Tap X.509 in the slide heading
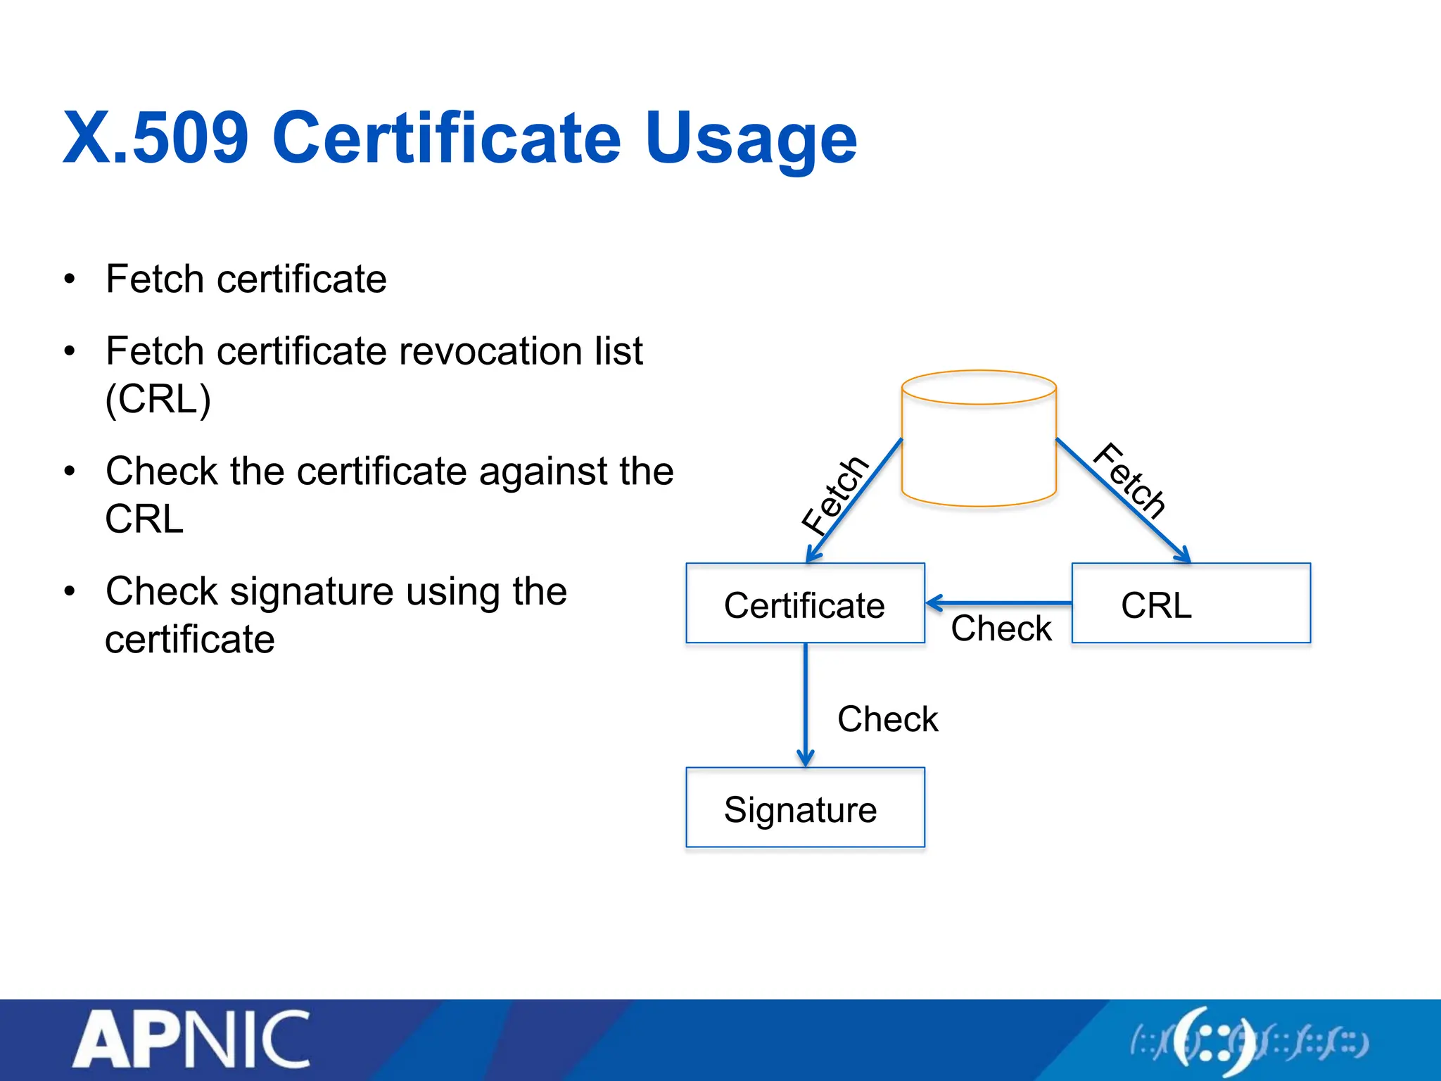[x=156, y=139]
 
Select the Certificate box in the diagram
[x=805, y=604]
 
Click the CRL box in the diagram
[x=1191, y=604]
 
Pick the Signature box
[x=805, y=808]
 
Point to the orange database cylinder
[x=979, y=438]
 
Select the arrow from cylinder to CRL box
[x=1123, y=500]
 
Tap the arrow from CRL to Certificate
[x=999, y=603]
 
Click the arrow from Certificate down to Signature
[x=806, y=704]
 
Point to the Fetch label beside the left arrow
[x=835, y=494]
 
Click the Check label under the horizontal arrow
[x=1001, y=628]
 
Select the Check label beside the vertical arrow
[x=887, y=719]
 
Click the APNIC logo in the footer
[x=191, y=1039]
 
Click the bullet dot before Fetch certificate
[x=69, y=279]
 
